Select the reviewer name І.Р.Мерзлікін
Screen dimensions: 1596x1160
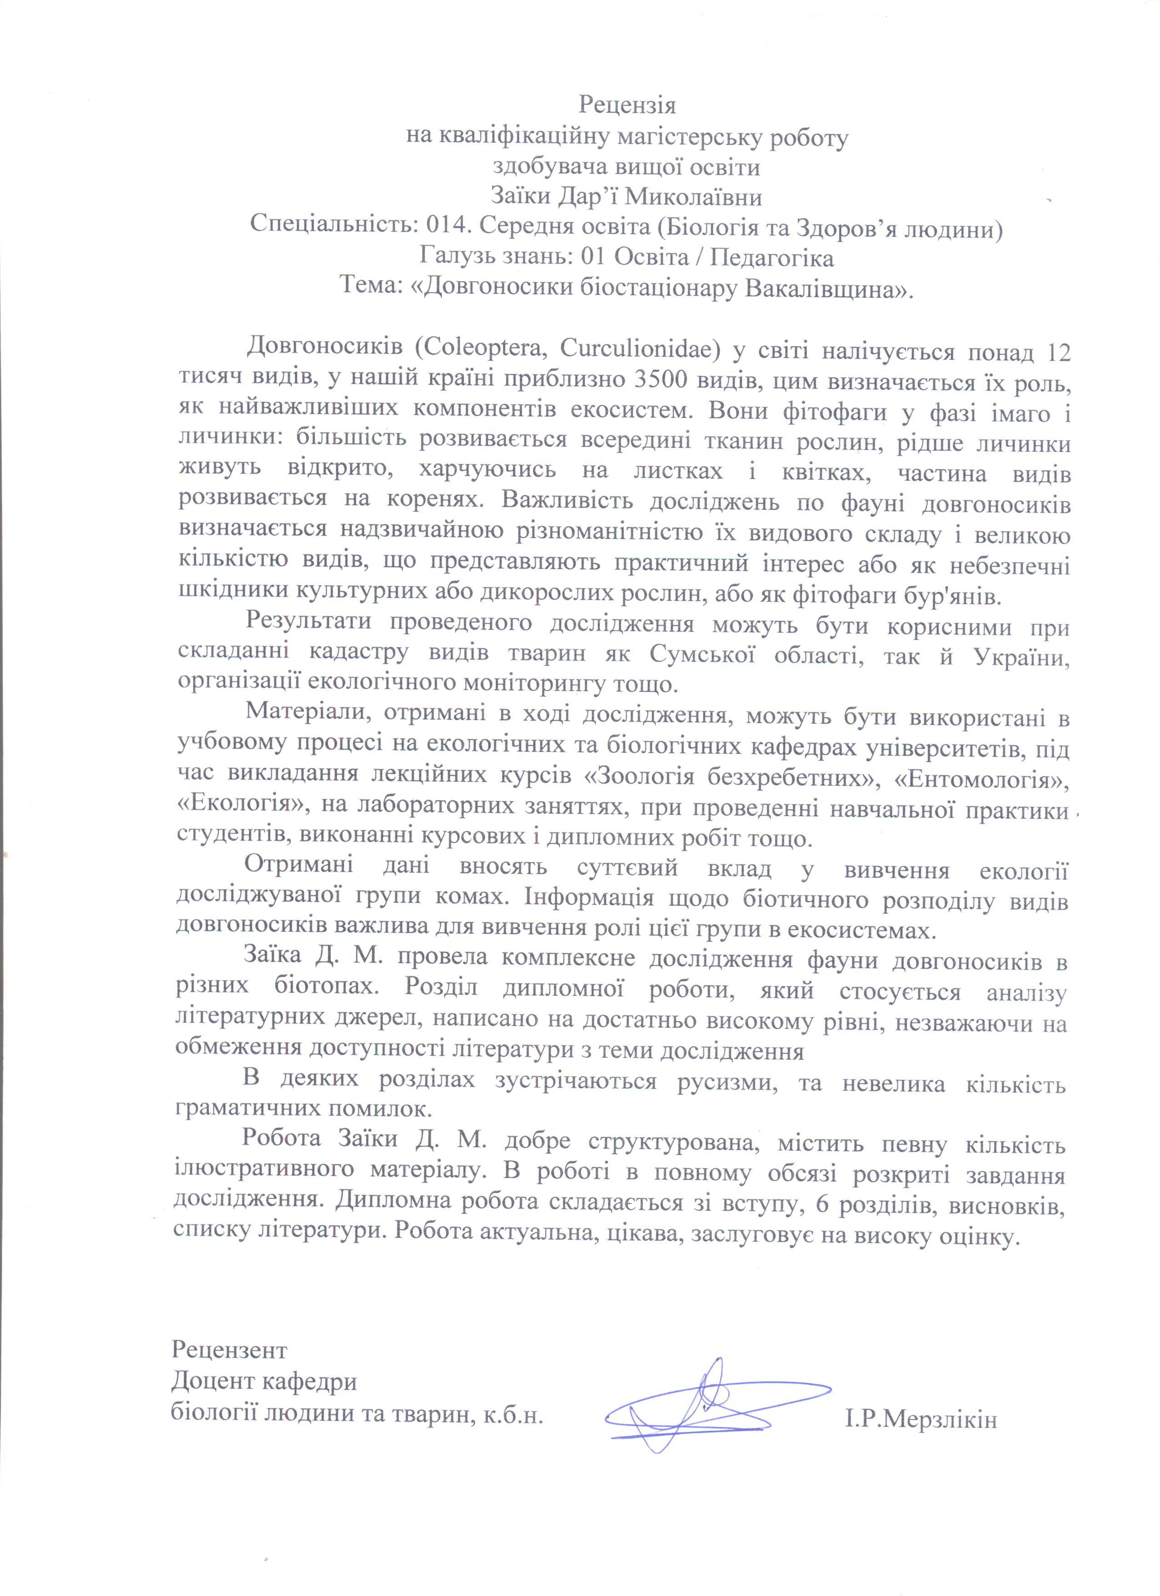pyautogui.click(x=921, y=1414)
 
